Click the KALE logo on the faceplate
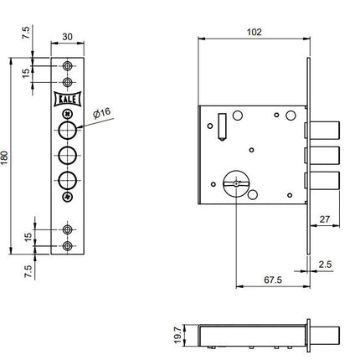coord(67,99)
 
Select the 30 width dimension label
coord(67,37)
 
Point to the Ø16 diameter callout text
coord(102,113)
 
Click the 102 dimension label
coord(255,32)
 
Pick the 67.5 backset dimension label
coord(273,280)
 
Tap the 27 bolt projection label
coord(325,219)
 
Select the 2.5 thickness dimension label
coord(325,264)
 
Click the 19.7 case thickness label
coord(177,335)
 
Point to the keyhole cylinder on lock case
coord(236,183)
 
